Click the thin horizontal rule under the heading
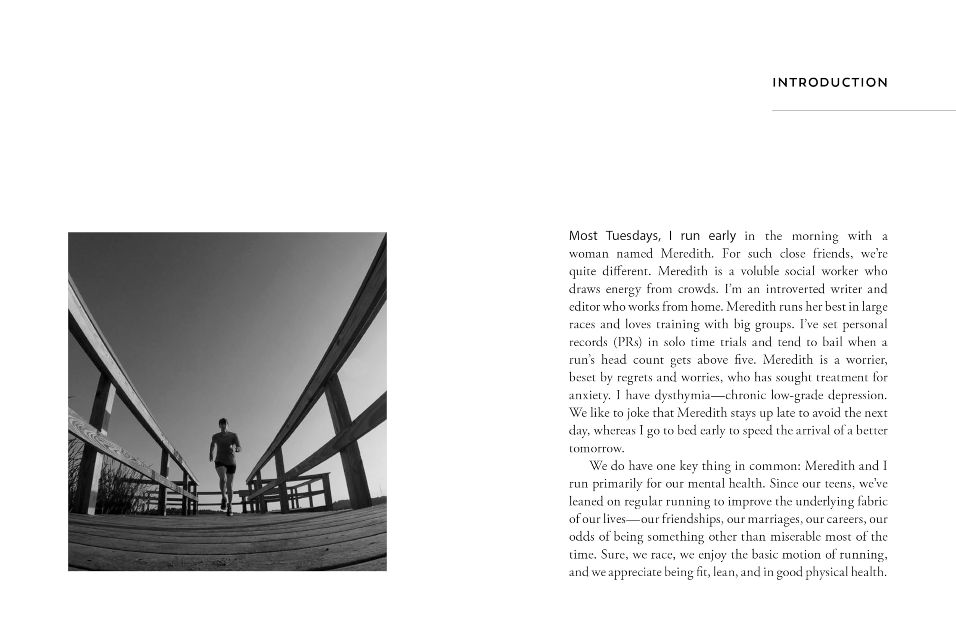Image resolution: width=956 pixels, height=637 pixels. (863, 110)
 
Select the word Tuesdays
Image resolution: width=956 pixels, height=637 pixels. (633, 235)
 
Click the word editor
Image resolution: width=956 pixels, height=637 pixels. (584, 306)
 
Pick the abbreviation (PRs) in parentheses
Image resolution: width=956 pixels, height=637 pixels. (628, 342)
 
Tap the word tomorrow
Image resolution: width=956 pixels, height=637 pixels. (596, 448)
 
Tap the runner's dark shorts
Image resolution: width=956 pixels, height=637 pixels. (226, 468)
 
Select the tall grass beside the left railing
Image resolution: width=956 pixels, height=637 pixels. (118, 487)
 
